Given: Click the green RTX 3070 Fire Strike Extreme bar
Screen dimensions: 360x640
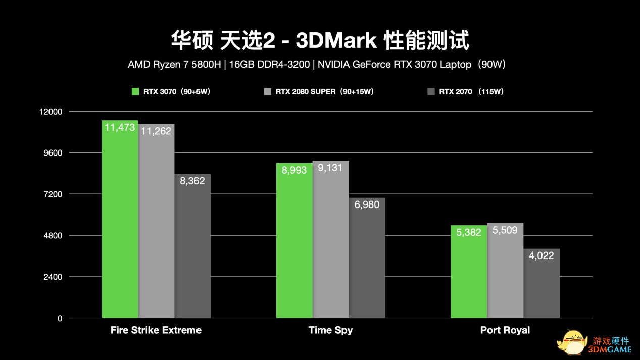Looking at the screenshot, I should pyautogui.click(x=120, y=222).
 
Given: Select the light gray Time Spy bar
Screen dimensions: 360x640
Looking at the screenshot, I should pyautogui.click(x=330, y=242).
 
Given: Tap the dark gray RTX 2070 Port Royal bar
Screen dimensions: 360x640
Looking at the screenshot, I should pyautogui.click(x=541, y=285).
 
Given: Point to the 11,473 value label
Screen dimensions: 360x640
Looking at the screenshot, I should pyautogui.click(x=120, y=128).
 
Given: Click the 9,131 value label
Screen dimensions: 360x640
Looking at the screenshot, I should pyautogui.click(x=330, y=168).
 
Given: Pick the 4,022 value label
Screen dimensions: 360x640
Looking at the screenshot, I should pyautogui.click(x=541, y=255).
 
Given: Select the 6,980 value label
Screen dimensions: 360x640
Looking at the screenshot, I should pyautogui.click(x=367, y=204).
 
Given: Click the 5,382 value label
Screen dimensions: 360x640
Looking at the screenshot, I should pyautogui.click(x=469, y=232).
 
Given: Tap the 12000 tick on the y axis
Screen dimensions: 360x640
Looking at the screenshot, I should pyautogui.click(x=51, y=112).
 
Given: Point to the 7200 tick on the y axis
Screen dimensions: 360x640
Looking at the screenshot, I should pyautogui.click(x=53, y=194).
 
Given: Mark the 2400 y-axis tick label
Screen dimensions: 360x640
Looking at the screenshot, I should pyautogui.click(x=53, y=277).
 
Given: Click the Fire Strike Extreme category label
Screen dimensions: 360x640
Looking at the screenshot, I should pyautogui.click(x=156, y=330).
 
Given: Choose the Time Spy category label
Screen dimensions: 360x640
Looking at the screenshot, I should pyautogui.click(x=330, y=330).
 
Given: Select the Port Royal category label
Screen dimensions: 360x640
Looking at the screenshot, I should pyautogui.click(x=505, y=330).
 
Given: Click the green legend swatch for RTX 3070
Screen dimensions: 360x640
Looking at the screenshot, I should pyautogui.click(x=135, y=92).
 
